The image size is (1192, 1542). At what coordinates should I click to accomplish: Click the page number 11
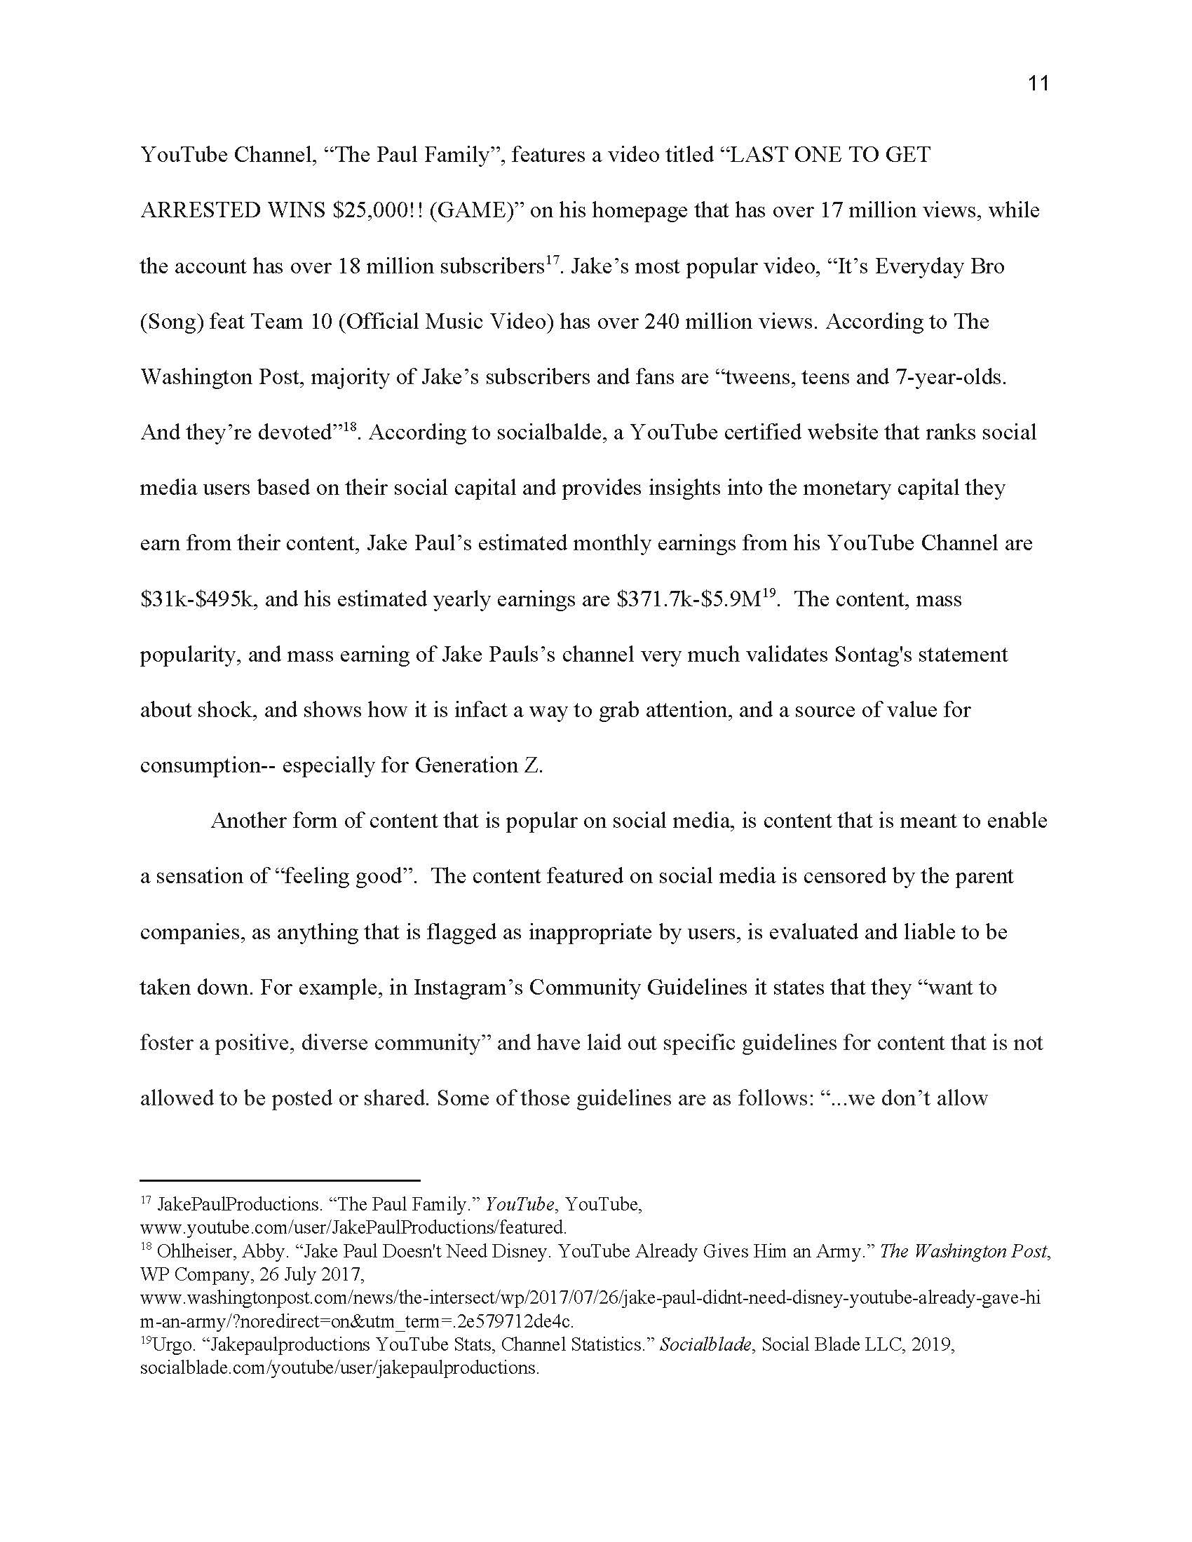tap(1038, 84)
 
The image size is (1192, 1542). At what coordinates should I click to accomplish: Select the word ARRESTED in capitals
tap(201, 210)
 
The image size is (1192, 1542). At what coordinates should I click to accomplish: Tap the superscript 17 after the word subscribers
tap(554, 260)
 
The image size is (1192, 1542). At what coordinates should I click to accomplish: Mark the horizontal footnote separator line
tap(280, 1180)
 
